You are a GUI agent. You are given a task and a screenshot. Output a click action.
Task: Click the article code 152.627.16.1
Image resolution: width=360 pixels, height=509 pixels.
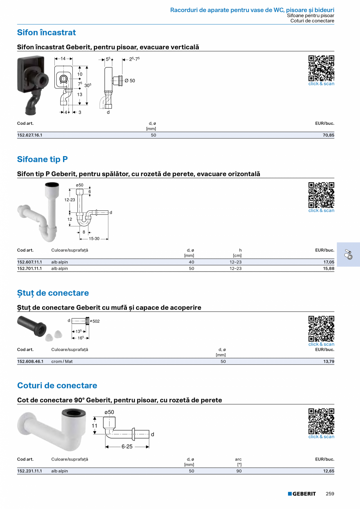[x=30, y=135]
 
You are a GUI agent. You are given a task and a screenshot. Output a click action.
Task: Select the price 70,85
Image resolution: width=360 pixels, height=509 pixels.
[x=328, y=135]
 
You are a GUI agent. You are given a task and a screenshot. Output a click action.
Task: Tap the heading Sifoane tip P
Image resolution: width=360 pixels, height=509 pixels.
[x=42, y=159]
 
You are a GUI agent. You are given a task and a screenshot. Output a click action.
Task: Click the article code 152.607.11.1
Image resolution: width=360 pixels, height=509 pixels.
[x=30, y=262]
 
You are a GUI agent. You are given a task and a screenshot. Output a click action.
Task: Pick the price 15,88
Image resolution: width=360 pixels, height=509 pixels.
[x=329, y=268]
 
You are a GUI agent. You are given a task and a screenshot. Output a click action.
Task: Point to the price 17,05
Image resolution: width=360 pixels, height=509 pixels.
[x=329, y=262]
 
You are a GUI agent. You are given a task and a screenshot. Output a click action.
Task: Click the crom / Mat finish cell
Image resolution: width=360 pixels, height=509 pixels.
[x=62, y=361]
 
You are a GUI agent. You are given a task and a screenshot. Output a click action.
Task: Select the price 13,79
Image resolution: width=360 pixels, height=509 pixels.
[x=329, y=361]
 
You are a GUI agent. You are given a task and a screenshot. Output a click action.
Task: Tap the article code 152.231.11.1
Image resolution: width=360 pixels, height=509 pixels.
[x=30, y=471]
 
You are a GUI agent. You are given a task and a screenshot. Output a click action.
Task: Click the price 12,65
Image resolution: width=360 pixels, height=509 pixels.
[x=329, y=471]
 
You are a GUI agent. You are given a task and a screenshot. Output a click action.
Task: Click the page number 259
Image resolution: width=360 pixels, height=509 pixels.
[x=330, y=494]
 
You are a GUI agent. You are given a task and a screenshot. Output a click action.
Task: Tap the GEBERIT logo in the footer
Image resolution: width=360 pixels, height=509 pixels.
[x=302, y=494]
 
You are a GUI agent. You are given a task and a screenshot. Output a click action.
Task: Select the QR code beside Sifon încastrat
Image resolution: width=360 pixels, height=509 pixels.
[x=321, y=68]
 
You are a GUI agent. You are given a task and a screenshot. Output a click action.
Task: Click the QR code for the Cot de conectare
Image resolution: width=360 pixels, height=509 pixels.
[x=321, y=421]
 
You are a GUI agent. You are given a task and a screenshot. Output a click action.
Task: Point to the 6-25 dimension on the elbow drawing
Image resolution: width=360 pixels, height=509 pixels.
[x=127, y=446]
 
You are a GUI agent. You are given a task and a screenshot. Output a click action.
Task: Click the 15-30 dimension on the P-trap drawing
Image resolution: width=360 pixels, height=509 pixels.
[x=94, y=239]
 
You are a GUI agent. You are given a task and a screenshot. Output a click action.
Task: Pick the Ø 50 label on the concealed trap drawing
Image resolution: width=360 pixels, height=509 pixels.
[x=130, y=81]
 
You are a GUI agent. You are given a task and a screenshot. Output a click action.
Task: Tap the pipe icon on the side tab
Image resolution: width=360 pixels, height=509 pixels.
[x=348, y=254]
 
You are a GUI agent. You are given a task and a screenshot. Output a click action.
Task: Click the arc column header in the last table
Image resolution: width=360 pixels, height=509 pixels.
[x=238, y=459]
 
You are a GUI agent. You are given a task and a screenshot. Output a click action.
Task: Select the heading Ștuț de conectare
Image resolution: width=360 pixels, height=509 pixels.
[x=53, y=293]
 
